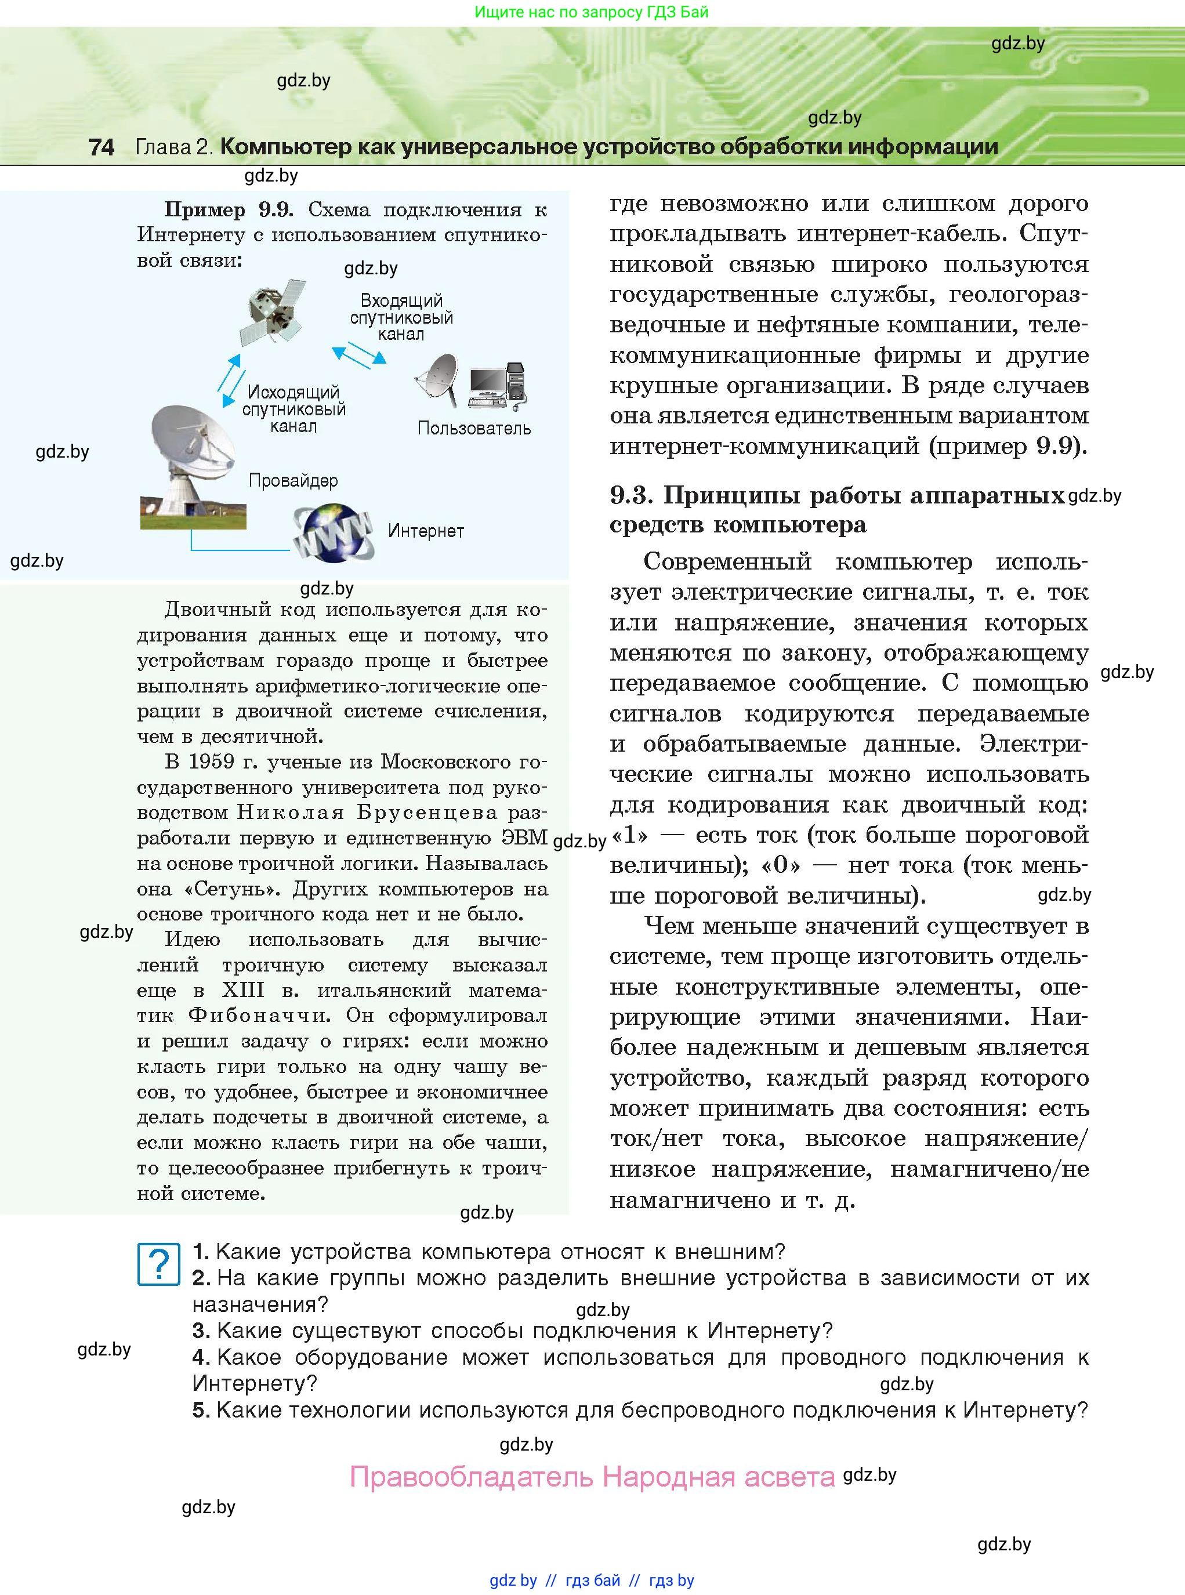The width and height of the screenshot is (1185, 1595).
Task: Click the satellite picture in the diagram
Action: (273, 312)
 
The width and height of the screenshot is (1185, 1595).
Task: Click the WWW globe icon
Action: (333, 532)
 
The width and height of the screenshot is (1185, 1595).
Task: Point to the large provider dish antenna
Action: (191, 459)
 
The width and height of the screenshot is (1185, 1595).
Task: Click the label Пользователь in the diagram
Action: (474, 428)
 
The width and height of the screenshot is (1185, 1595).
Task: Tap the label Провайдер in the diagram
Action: (293, 480)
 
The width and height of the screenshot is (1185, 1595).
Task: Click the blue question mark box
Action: (158, 1264)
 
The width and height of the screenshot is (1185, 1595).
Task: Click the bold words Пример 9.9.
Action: (229, 209)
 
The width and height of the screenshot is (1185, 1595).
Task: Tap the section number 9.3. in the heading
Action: (631, 495)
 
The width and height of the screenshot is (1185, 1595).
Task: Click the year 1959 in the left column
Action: (212, 762)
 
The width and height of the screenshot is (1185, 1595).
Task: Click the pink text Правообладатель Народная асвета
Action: (592, 1477)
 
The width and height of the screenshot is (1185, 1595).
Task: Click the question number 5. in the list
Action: (201, 1410)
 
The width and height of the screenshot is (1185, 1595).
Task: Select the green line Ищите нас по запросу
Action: (591, 12)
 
